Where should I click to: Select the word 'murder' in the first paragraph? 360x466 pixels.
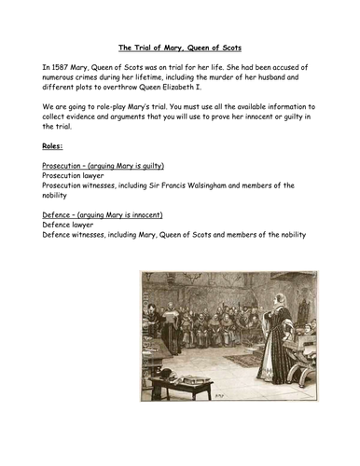coord(230,81)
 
